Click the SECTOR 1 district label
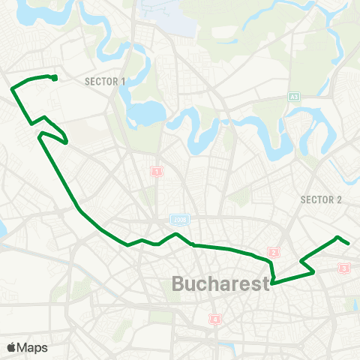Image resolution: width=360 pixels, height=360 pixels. tap(106, 81)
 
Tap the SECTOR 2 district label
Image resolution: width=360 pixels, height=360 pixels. tap(321, 199)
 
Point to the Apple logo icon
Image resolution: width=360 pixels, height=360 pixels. tap(11, 347)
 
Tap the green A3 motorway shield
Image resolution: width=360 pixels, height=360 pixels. tap(294, 96)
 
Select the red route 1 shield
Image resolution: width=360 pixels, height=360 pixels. tap(157, 171)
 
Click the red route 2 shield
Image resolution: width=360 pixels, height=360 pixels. tap(274, 253)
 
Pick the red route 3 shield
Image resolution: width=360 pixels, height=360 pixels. tap(344, 268)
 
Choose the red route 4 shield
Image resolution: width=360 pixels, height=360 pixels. tap(216, 320)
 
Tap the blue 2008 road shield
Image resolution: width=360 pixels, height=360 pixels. tap(178, 220)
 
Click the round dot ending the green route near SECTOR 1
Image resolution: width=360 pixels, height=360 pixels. tap(55, 77)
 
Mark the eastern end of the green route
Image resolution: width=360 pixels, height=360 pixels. tap(349, 242)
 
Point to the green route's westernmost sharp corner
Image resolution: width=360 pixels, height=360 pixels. tap(12, 89)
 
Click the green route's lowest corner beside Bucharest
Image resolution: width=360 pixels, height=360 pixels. tap(272, 283)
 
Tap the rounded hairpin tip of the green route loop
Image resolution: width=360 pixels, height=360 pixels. tap(67, 140)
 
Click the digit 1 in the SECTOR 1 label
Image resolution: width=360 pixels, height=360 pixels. tap(123, 81)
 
